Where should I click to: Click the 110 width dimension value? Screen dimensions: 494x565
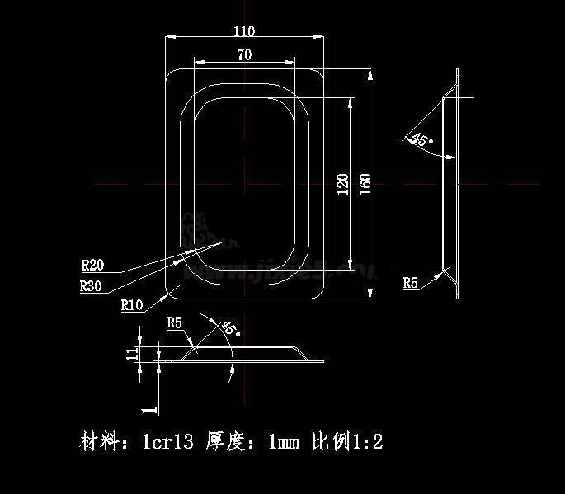pos(244,31)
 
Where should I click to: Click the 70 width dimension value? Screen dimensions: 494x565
pos(244,55)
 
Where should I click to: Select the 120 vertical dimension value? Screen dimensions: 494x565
pos(343,183)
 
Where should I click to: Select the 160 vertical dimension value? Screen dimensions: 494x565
pos(365,183)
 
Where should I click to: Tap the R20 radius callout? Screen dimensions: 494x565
pos(92,266)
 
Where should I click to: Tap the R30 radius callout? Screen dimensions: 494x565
pos(91,286)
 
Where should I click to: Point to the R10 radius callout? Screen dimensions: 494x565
pos(132,305)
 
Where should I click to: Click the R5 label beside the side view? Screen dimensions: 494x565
pos(411,283)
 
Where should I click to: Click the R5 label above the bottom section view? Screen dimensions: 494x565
pos(174,322)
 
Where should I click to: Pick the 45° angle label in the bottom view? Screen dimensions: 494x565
pos(230,328)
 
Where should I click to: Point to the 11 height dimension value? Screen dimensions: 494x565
pos(131,353)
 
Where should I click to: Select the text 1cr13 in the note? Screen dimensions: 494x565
pos(167,442)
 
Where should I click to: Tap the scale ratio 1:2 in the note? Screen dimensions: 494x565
pos(368,442)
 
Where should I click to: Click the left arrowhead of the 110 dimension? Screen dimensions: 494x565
pos(168,36)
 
